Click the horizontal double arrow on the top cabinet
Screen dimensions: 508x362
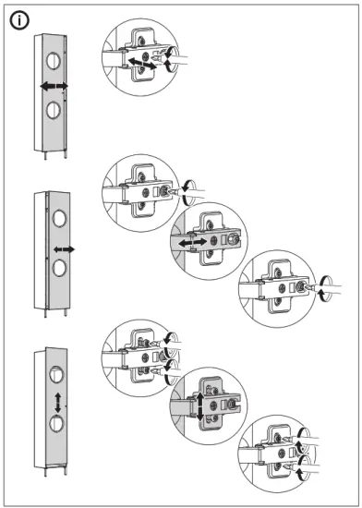[x=54, y=85]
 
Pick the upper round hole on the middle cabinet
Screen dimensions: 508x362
[x=60, y=221]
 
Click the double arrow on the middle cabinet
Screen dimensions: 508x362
[x=63, y=249]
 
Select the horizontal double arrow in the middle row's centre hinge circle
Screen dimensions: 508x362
[x=195, y=241]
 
